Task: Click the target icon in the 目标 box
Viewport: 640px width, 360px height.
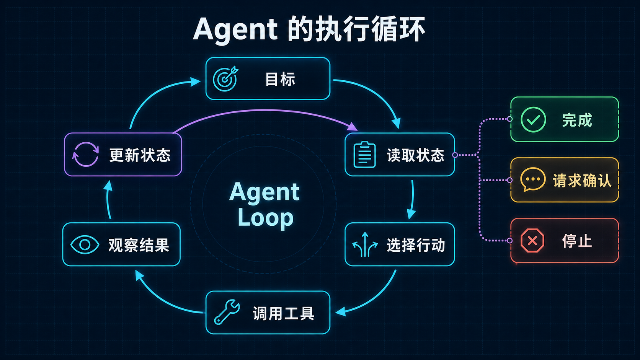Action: point(225,79)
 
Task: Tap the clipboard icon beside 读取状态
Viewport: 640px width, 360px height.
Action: point(364,155)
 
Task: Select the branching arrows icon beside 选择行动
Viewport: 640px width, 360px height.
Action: point(365,245)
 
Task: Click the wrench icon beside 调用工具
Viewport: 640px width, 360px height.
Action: point(227,312)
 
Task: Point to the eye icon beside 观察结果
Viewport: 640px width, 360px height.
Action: point(85,245)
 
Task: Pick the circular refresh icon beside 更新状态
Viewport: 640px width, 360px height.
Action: point(85,154)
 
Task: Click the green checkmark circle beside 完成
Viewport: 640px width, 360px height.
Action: point(533,120)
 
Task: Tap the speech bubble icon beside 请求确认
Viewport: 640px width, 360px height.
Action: point(532,179)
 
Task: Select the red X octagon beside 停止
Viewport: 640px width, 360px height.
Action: point(532,241)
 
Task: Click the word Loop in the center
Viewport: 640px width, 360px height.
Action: point(265,218)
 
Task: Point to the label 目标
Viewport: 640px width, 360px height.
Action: point(280,79)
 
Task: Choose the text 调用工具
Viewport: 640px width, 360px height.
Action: point(283,313)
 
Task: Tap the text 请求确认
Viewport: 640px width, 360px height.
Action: point(582,181)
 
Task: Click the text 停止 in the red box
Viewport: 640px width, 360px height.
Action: point(577,241)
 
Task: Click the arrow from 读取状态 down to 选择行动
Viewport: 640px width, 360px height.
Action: point(413,200)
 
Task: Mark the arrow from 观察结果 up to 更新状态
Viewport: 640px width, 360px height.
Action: point(108,200)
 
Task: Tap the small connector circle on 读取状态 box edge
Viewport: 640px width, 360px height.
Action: point(455,155)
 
